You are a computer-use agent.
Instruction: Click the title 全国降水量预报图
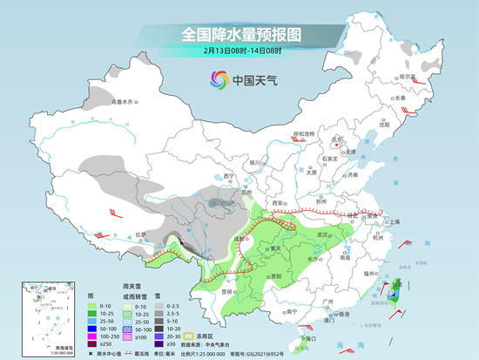[239, 36]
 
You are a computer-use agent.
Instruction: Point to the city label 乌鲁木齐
[124, 101]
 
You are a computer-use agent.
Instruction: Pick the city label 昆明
[227, 291]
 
